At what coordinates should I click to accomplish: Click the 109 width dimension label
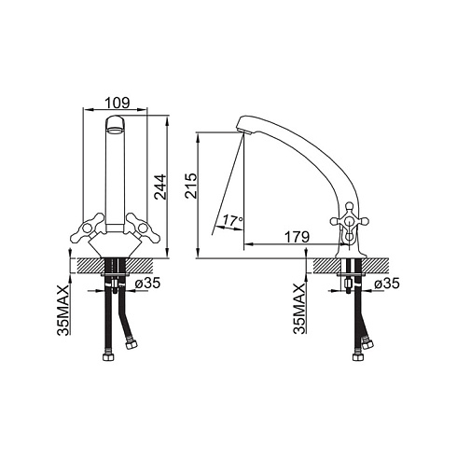[x=117, y=103]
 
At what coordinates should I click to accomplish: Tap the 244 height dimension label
[x=160, y=187]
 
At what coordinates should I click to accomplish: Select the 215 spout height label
[x=190, y=186]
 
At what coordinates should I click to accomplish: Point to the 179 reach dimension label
[x=298, y=238]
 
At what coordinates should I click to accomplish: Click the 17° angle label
[x=232, y=221]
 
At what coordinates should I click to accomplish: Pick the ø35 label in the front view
[x=147, y=283]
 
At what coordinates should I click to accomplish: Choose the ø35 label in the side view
[x=387, y=284]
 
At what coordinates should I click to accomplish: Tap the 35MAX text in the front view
[x=62, y=311]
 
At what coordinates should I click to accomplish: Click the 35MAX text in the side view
[x=299, y=309]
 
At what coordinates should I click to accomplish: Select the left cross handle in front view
[x=88, y=228]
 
